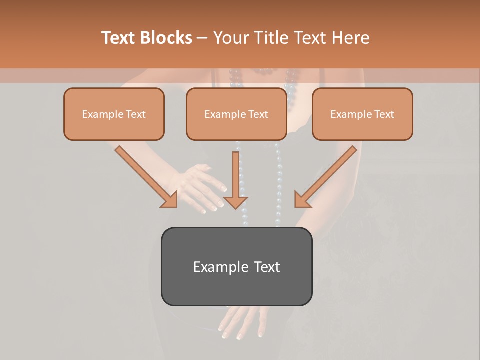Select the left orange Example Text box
(114, 114)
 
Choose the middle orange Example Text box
(236, 114)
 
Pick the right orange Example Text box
(362, 114)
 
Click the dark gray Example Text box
(236, 266)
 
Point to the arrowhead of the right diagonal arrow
(302, 199)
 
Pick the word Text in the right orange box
(384, 114)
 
